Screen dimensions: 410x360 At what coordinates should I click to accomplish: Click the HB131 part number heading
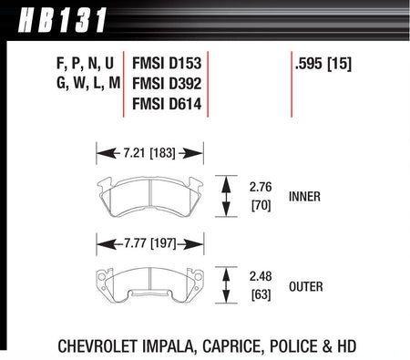click(62, 20)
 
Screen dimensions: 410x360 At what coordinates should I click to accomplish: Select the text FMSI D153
click(167, 64)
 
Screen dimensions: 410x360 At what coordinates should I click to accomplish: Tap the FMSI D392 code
click(167, 84)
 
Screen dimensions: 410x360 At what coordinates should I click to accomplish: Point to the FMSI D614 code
click(167, 104)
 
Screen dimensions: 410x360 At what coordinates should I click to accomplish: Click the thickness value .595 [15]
click(323, 64)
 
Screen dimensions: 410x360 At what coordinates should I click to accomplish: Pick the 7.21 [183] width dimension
click(149, 153)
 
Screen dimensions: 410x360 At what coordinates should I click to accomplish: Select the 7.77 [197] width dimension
click(150, 243)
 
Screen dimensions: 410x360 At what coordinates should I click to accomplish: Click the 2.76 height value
click(261, 187)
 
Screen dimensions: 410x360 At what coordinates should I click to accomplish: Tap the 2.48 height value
click(261, 276)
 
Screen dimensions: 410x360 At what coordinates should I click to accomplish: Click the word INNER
click(304, 197)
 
